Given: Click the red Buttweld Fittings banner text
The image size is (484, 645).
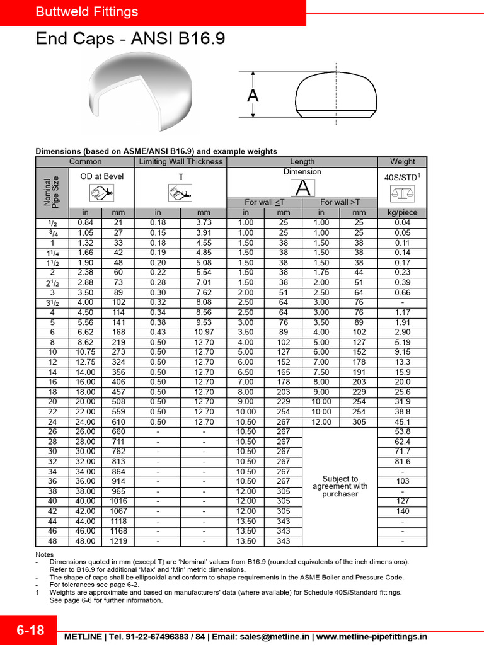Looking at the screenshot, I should [86, 12].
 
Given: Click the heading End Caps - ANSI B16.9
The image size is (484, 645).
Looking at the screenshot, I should [130, 40].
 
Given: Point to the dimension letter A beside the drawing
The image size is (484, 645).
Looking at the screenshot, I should [253, 96].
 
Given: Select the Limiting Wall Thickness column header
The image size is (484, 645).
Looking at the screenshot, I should [181, 162].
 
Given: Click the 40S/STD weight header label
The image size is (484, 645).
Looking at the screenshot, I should [402, 178].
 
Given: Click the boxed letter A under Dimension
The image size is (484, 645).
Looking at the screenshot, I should [302, 188].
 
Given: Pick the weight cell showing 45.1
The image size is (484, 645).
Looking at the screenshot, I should [402, 422].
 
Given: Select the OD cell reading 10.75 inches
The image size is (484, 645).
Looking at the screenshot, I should [85, 351].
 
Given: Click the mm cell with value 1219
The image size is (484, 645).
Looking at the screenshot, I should [118, 541].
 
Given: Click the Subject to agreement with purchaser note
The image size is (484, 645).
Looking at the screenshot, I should [340, 486].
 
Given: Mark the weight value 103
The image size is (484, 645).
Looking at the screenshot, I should [402, 481].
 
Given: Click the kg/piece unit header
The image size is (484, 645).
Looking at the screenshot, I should [402, 212].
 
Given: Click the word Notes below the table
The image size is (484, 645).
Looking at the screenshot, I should [45, 554].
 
